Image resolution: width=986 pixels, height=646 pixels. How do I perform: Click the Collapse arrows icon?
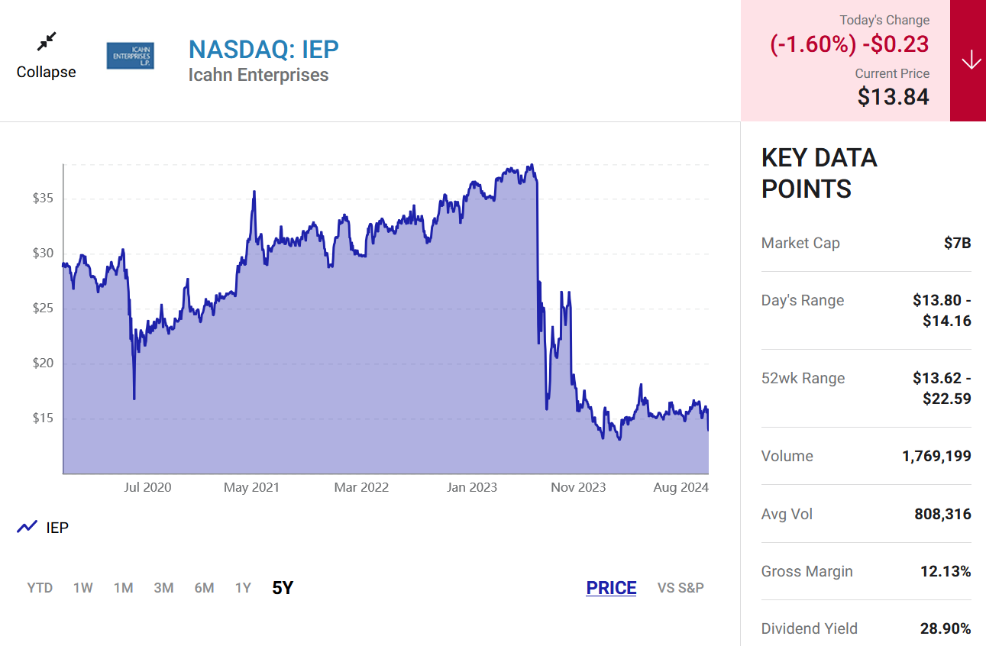pyautogui.click(x=47, y=41)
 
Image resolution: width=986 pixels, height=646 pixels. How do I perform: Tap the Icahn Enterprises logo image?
pyautogui.click(x=130, y=56)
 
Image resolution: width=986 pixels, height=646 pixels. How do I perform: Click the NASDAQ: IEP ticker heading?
pyautogui.click(x=263, y=49)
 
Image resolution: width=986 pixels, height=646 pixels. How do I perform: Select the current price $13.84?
pyautogui.click(x=893, y=97)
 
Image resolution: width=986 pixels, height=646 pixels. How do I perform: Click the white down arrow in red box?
pyautogui.click(x=971, y=60)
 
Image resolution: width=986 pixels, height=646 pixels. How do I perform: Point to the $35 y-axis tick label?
pyautogui.click(x=43, y=199)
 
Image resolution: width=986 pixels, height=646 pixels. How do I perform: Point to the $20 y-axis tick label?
pyautogui.click(x=43, y=363)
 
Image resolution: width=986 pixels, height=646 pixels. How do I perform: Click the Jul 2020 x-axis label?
pyautogui.click(x=147, y=487)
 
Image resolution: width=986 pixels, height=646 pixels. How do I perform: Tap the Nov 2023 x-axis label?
pyautogui.click(x=578, y=487)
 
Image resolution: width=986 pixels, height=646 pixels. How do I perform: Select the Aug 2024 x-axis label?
pyautogui.click(x=681, y=487)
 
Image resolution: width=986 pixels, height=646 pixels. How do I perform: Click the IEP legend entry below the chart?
pyautogui.click(x=44, y=527)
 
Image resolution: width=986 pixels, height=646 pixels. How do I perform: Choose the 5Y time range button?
pyautogui.click(x=283, y=588)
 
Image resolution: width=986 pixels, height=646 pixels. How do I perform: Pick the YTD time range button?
pyautogui.click(x=40, y=588)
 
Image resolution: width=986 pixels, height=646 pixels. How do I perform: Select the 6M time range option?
pyautogui.click(x=204, y=588)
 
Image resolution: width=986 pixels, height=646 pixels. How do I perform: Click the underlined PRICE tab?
pyautogui.click(x=611, y=588)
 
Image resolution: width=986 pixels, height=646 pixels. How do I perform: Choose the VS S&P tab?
pyautogui.click(x=681, y=588)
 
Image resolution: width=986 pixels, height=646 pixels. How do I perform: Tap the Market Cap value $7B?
pyautogui.click(x=957, y=244)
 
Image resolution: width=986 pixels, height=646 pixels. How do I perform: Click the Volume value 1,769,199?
pyautogui.click(x=936, y=457)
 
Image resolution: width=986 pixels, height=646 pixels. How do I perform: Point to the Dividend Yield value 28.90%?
pyautogui.click(x=946, y=629)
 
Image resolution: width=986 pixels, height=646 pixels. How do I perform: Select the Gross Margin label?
pyautogui.click(x=807, y=572)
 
